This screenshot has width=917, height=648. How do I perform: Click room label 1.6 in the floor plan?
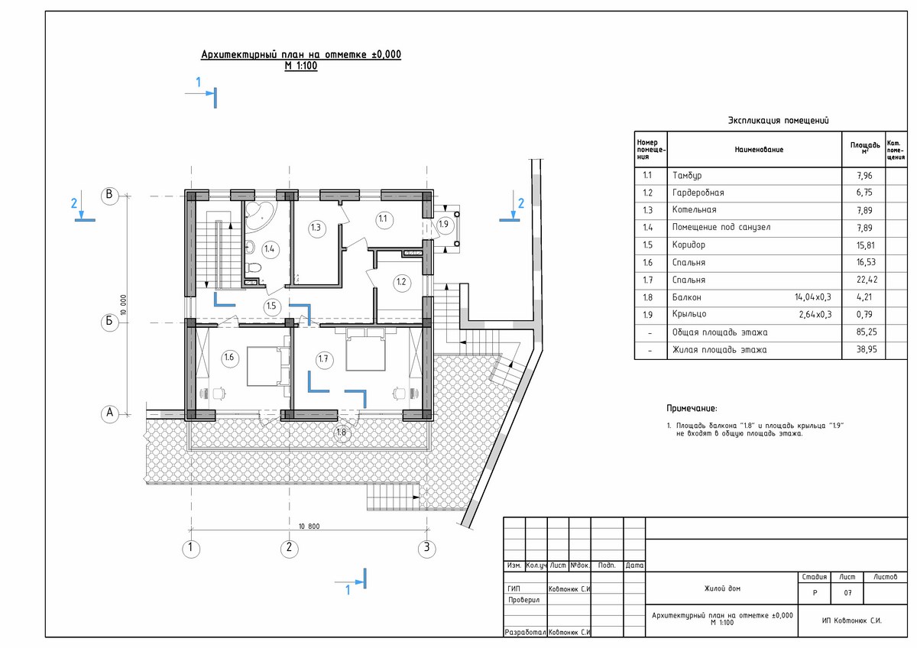[x=228, y=358]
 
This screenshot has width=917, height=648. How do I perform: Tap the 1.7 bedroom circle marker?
[x=323, y=359]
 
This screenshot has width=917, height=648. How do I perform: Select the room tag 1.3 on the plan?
[x=316, y=228]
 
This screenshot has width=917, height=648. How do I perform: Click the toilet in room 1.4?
[x=254, y=268]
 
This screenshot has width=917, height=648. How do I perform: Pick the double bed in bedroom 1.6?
[x=268, y=366]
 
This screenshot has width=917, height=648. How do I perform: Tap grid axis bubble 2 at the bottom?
[x=290, y=548]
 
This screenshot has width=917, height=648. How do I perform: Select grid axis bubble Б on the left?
[x=110, y=322]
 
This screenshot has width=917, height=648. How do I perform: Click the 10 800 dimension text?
[x=309, y=526]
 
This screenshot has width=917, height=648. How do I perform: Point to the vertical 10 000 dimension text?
[x=123, y=305]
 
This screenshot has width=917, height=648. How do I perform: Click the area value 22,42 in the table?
[x=867, y=280]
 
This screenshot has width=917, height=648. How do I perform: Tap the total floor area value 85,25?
[x=867, y=332]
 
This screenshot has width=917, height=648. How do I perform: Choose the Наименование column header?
[x=759, y=150]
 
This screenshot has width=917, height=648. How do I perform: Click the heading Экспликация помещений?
[x=778, y=121]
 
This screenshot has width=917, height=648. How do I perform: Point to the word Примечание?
[x=692, y=408]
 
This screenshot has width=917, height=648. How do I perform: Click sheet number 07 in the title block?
[x=847, y=593]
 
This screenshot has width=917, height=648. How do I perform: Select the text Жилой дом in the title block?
[x=722, y=588]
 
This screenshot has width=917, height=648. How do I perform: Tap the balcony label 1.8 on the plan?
[x=342, y=433]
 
